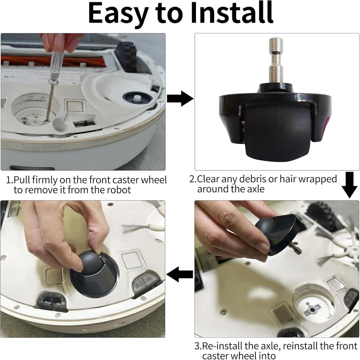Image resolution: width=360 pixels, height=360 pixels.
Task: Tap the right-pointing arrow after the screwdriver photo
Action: pos(180,98)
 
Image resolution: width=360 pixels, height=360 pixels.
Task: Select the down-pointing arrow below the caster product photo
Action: pos(349,185)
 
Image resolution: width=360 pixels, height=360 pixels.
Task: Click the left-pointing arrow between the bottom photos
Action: pos(180,274)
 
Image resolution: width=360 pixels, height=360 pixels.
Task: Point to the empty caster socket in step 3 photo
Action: pos(313,308)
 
